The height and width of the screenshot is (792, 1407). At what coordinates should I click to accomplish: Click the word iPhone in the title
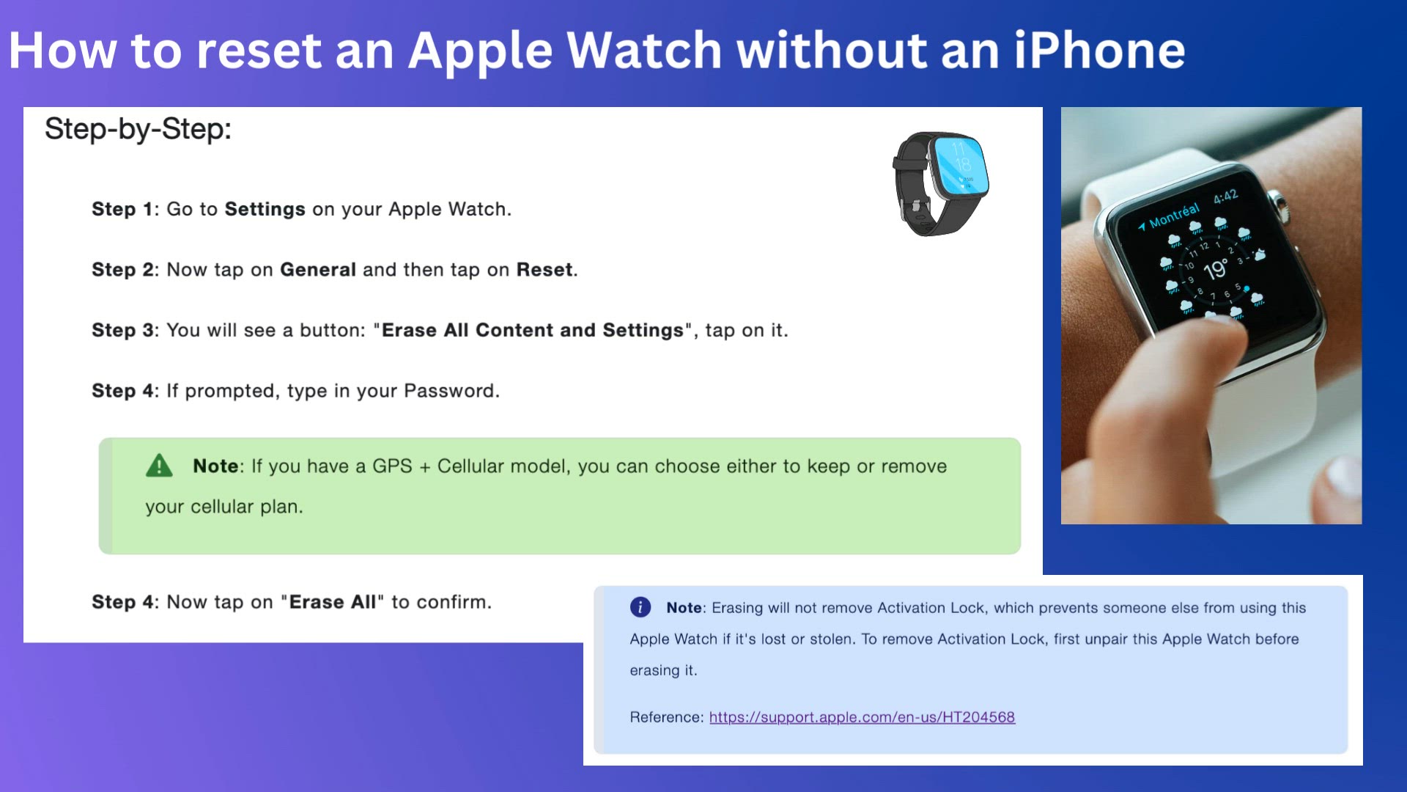(1099, 51)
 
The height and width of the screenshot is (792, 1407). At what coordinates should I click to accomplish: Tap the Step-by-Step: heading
(138, 129)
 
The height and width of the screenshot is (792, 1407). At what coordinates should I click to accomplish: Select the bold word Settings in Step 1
(265, 209)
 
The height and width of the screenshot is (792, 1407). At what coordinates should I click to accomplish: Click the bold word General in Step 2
(318, 270)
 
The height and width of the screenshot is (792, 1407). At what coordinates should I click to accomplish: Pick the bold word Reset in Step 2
(544, 270)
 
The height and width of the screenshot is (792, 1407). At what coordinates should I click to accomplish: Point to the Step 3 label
(123, 331)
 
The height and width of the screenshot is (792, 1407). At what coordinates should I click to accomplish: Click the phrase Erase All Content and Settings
(533, 331)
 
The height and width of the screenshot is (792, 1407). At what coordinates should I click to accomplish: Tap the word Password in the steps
(449, 391)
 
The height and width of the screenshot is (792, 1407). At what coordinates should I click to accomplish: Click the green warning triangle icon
(159, 466)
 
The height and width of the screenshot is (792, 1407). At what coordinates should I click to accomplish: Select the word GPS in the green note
(392, 466)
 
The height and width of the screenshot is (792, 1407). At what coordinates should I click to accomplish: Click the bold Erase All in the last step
(333, 602)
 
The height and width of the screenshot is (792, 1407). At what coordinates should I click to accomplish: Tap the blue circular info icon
(640, 607)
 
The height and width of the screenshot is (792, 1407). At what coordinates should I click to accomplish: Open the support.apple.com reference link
(862, 717)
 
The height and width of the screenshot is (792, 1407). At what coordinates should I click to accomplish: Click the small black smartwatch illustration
(941, 184)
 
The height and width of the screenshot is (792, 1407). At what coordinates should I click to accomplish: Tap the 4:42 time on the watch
(1225, 196)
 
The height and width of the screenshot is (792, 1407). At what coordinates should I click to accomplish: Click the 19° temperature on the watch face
(1215, 269)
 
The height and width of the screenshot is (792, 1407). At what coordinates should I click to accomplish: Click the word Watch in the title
(645, 51)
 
